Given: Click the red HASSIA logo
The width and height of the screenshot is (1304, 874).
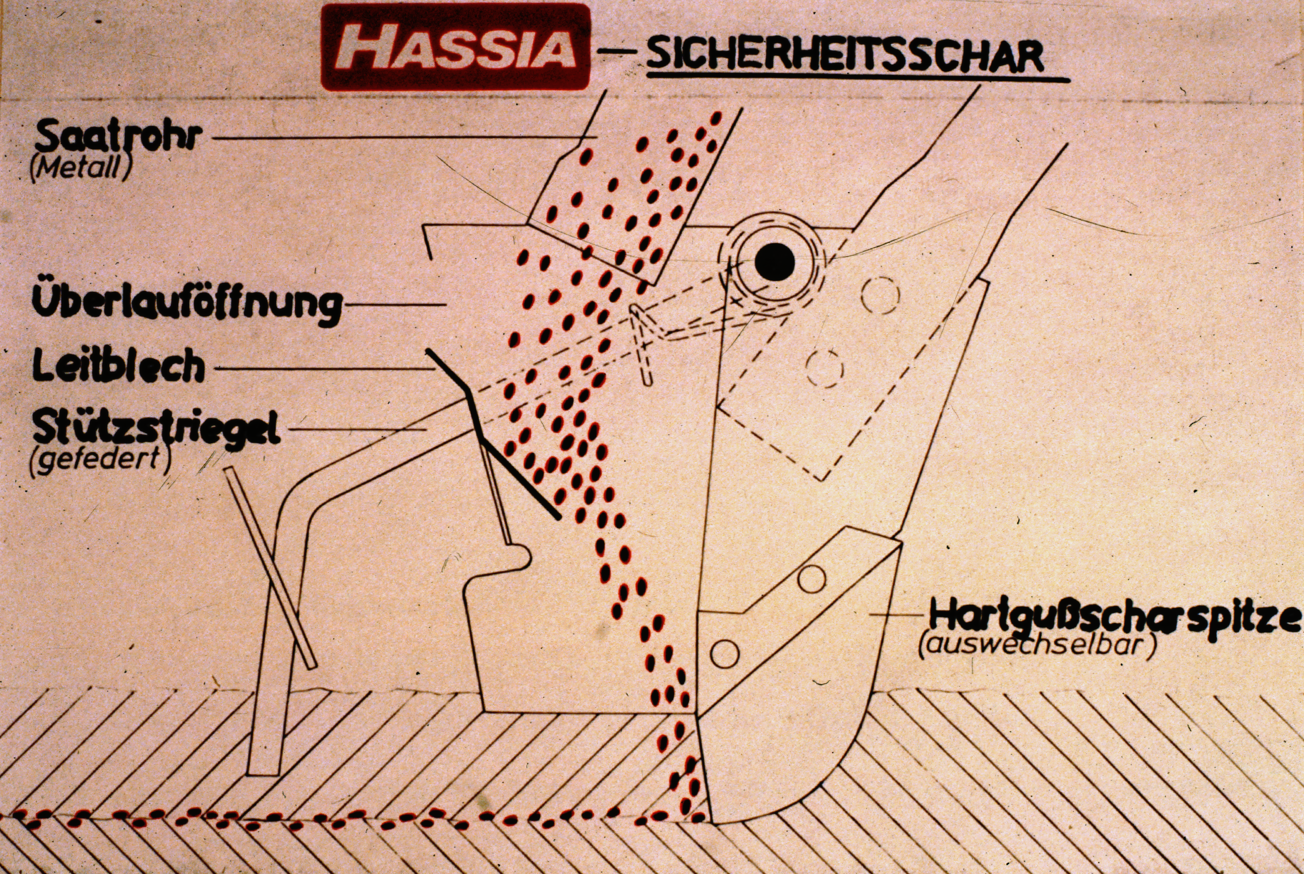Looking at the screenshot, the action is (456, 47).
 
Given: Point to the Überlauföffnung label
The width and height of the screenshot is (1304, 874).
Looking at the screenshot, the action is (187, 304).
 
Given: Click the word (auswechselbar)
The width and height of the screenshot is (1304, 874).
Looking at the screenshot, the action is (1035, 647).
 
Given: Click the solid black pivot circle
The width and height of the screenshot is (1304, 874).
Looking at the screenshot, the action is (775, 262).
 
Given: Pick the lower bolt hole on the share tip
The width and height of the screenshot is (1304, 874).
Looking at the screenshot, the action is (724, 654).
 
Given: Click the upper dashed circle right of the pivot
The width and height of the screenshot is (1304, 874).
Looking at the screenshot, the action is (880, 295).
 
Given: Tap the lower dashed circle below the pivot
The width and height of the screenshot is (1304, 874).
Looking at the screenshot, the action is (824, 368).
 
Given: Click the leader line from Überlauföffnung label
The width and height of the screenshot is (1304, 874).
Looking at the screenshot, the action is (395, 304).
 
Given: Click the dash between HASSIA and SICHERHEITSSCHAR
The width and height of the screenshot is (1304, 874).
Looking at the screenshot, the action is (616, 51).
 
